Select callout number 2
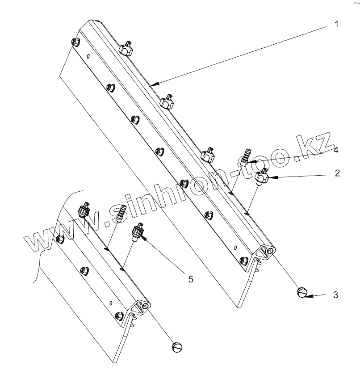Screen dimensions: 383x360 point(338,173)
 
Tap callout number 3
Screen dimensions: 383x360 point(336,295)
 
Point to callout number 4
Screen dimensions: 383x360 point(335,151)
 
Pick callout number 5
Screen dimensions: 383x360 point(190,279)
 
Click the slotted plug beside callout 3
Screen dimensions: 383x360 point(302,293)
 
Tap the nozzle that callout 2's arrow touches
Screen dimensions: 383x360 point(261,177)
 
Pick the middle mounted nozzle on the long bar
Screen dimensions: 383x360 point(167,102)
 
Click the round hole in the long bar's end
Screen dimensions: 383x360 point(271,252)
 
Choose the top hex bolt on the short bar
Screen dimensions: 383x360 point(60,240)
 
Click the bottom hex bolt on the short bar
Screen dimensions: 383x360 point(118,315)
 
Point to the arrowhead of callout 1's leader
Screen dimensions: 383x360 point(152,84)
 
